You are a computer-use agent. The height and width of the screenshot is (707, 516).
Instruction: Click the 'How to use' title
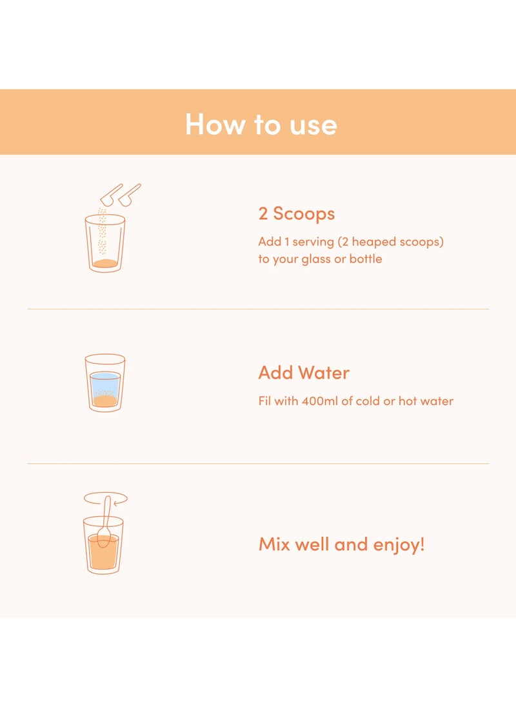click(x=261, y=124)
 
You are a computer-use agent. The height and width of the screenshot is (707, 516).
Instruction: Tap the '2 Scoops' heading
click(x=297, y=214)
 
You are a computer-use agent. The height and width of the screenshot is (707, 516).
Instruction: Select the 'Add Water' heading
click(x=304, y=373)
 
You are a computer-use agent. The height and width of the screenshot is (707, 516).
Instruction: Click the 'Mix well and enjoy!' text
click(x=342, y=544)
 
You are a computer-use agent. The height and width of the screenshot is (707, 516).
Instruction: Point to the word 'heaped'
click(x=373, y=242)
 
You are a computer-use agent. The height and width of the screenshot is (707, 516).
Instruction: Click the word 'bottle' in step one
click(x=366, y=259)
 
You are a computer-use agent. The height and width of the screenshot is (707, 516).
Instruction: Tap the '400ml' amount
click(x=319, y=401)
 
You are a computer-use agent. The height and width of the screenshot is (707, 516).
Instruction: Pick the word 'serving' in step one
click(x=313, y=242)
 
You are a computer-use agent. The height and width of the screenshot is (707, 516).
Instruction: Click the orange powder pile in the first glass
click(x=105, y=263)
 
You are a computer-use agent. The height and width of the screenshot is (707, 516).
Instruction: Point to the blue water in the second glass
click(x=105, y=383)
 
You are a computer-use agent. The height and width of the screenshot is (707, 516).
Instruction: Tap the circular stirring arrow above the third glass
click(x=105, y=493)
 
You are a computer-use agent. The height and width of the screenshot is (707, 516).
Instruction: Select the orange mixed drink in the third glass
click(x=103, y=552)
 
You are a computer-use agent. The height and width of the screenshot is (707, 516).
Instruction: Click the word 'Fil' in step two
click(x=264, y=401)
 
